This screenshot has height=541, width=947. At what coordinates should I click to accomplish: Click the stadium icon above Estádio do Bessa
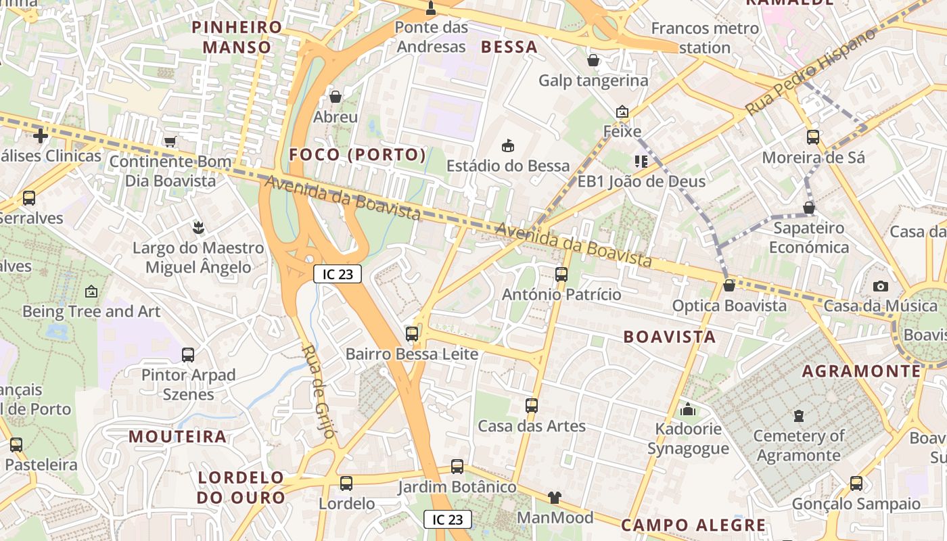tap(507, 145)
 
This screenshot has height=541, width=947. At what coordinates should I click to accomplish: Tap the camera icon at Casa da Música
tap(880, 286)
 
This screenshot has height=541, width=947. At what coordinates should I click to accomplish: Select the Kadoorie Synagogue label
tap(688, 439)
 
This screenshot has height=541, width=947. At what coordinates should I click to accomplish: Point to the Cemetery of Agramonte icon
tap(799, 415)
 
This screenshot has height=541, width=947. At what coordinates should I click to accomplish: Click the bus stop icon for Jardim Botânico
tap(457, 467)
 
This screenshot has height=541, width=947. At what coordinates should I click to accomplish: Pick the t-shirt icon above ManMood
tap(555, 498)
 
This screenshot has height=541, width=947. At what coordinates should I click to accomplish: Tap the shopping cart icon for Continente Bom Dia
tap(170, 141)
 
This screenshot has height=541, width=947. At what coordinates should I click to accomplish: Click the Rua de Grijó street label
tap(319, 391)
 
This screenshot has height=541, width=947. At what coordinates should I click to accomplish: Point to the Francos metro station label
tap(705, 38)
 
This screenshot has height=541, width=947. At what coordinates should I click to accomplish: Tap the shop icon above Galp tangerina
tap(593, 61)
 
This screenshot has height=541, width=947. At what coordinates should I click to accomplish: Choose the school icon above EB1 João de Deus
tap(641, 161)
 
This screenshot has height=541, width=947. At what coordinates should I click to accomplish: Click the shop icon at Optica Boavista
tap(729, 285)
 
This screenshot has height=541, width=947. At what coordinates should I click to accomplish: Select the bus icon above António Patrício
tap(561, 274)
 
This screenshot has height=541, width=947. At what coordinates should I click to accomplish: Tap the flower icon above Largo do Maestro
tap(198, 227)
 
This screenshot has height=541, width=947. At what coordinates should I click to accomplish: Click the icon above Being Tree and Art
tap(91, 291)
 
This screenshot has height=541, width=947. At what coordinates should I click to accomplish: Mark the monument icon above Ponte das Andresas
tap(431, 8)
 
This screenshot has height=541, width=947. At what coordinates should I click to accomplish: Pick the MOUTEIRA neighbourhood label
tap(177, 437)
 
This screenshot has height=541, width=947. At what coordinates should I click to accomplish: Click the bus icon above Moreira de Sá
tap(813, 137)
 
